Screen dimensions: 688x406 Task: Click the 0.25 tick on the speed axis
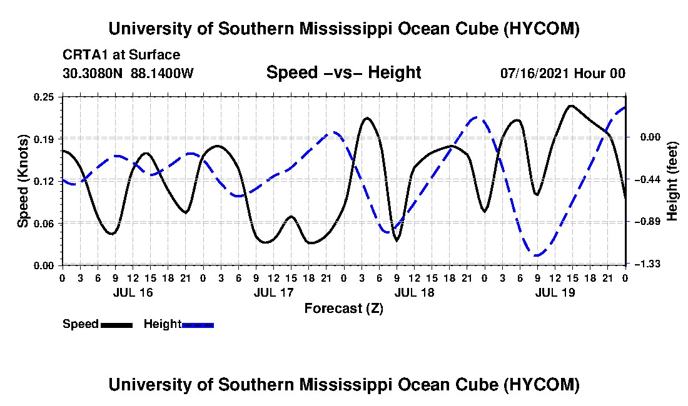(43, 97)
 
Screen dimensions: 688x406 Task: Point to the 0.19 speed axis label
(43, 139)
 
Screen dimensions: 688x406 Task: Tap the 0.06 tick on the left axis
(43, 224)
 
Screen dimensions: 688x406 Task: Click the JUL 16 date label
(133, 292)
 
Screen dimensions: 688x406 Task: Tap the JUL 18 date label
(414, 292)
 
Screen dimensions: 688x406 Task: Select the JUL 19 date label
(555, 292)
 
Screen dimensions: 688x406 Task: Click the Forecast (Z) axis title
(344, 309)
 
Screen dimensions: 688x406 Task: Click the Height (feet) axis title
(672, 181)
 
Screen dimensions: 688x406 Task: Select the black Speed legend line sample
(116, 325)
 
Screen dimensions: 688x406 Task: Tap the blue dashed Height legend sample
(198, 325)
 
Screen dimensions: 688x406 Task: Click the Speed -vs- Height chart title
(344, 72)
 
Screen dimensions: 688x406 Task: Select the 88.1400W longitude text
(162, 73)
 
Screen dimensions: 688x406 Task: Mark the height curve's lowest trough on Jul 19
(536, 255)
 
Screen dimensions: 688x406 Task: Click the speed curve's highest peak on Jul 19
(571, 106)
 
